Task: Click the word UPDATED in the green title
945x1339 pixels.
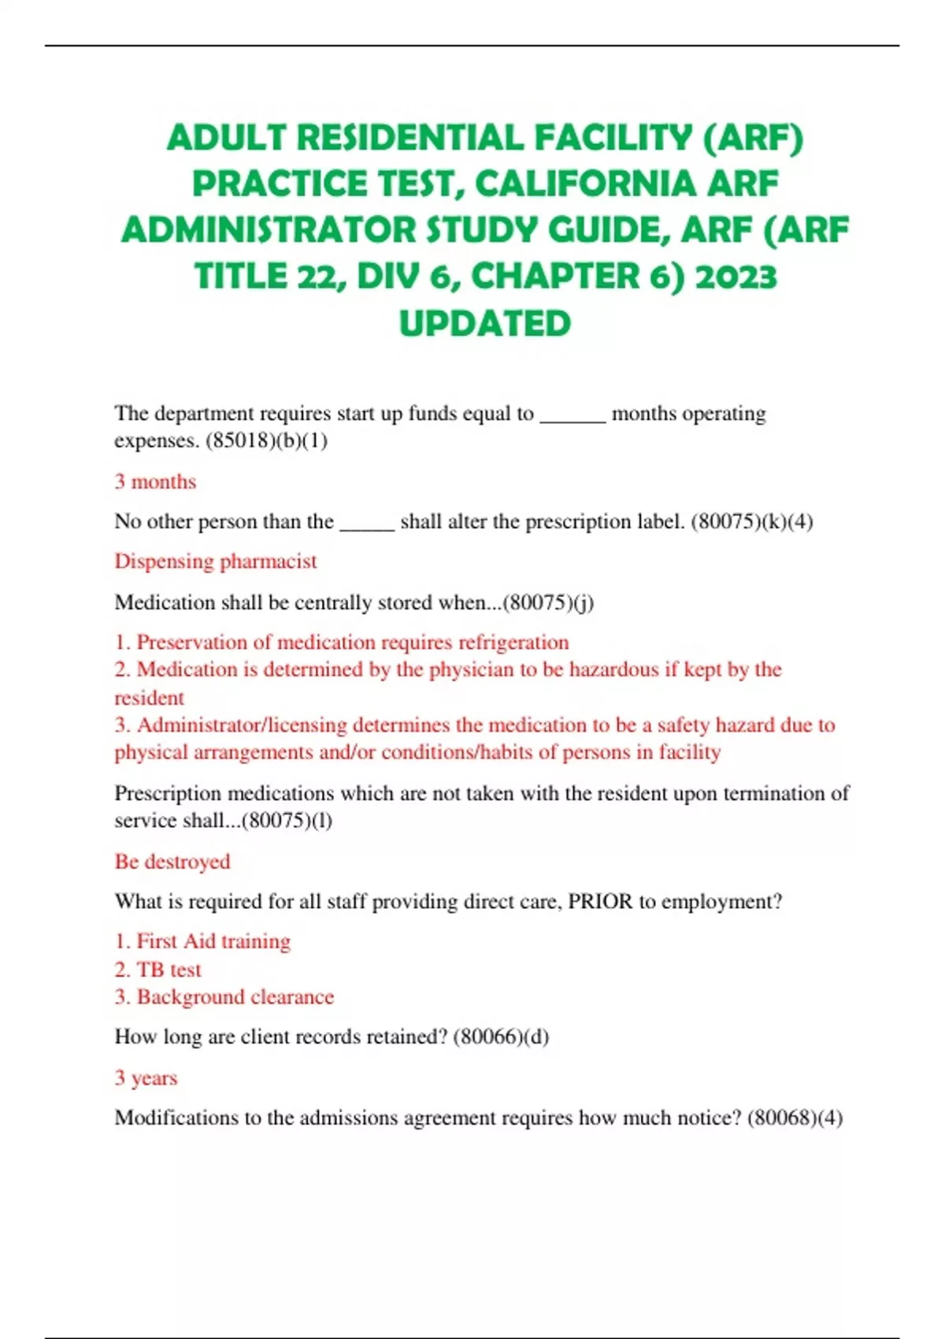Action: [484, 324]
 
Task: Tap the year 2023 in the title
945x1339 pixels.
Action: [736, 276]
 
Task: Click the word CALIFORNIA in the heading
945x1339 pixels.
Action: [585, 184]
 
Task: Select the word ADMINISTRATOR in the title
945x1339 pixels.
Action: [269, 231]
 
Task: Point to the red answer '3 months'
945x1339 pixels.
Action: [155, 481]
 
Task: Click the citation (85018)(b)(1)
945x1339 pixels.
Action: [266, 440]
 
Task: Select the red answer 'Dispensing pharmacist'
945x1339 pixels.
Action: [215, 561]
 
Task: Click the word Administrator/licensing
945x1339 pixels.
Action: [242, 725]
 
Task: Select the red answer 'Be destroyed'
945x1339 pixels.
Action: [172, 861]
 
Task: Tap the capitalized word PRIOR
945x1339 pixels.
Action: [600, 901]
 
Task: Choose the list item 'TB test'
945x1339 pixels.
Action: [169, 970]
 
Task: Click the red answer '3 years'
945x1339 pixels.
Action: [146, 1078]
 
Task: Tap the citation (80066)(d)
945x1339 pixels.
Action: [501, 1037]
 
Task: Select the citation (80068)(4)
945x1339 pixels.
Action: [795, 1118]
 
